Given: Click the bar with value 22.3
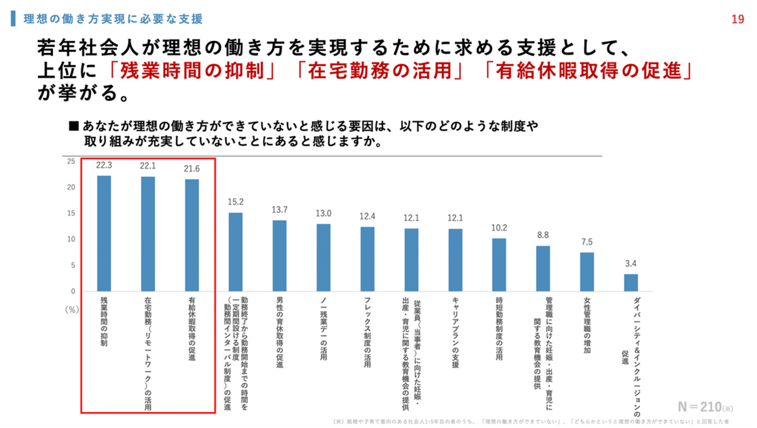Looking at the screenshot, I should coord(104,233).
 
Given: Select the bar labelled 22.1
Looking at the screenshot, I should coord(148,233).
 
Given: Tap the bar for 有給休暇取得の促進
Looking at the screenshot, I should coord(192,235).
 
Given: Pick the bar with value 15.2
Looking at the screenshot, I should coord(236,252).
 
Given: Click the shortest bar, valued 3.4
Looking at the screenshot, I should coord(631,282).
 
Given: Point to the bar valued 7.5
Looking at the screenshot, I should coord(587,272).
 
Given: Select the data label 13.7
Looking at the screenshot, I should coord(280,209).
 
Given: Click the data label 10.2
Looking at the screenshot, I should coord(499,228).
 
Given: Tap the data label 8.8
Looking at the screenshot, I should coord(543,235).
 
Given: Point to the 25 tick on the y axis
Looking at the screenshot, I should coord(71,161).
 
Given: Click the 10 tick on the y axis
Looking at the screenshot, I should coord(71,239).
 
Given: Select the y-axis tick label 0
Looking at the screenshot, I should coord(73,291).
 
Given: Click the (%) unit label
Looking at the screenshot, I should coord(71,310).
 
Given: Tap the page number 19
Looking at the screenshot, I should coord(738,19).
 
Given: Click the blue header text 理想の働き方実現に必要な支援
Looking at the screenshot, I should coord(113,19).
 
